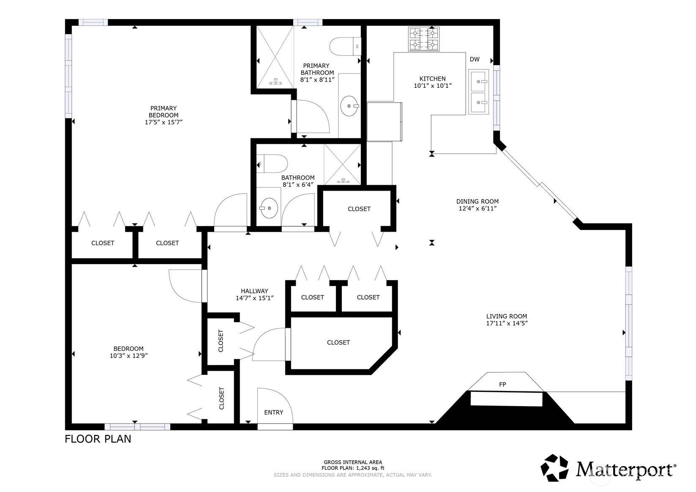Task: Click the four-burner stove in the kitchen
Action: click(x=424, y=39)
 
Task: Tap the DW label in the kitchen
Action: click(x=475, y=59)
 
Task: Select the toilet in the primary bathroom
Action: click(x=345, y=46)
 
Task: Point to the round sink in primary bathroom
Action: click(x=349, y=106)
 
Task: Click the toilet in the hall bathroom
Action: click(x=272, y=164)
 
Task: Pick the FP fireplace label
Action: click(x=502, y=385)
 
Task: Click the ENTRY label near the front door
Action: click(x=274, y=413)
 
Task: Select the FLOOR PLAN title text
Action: click(x=98, y=439)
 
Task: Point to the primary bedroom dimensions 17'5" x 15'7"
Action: click(x=164, y=122)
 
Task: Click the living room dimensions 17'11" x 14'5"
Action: click(x=507, y=323)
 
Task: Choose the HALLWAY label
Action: click(x=254, y=291)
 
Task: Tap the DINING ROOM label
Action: click(x=477, y=201)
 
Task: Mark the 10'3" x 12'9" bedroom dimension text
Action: click(x=128, y=355)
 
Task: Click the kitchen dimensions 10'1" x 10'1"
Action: click(x=432, y=86)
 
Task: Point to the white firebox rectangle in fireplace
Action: click(x=506, y=399)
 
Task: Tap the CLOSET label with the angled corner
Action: click(x=338, y=342)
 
